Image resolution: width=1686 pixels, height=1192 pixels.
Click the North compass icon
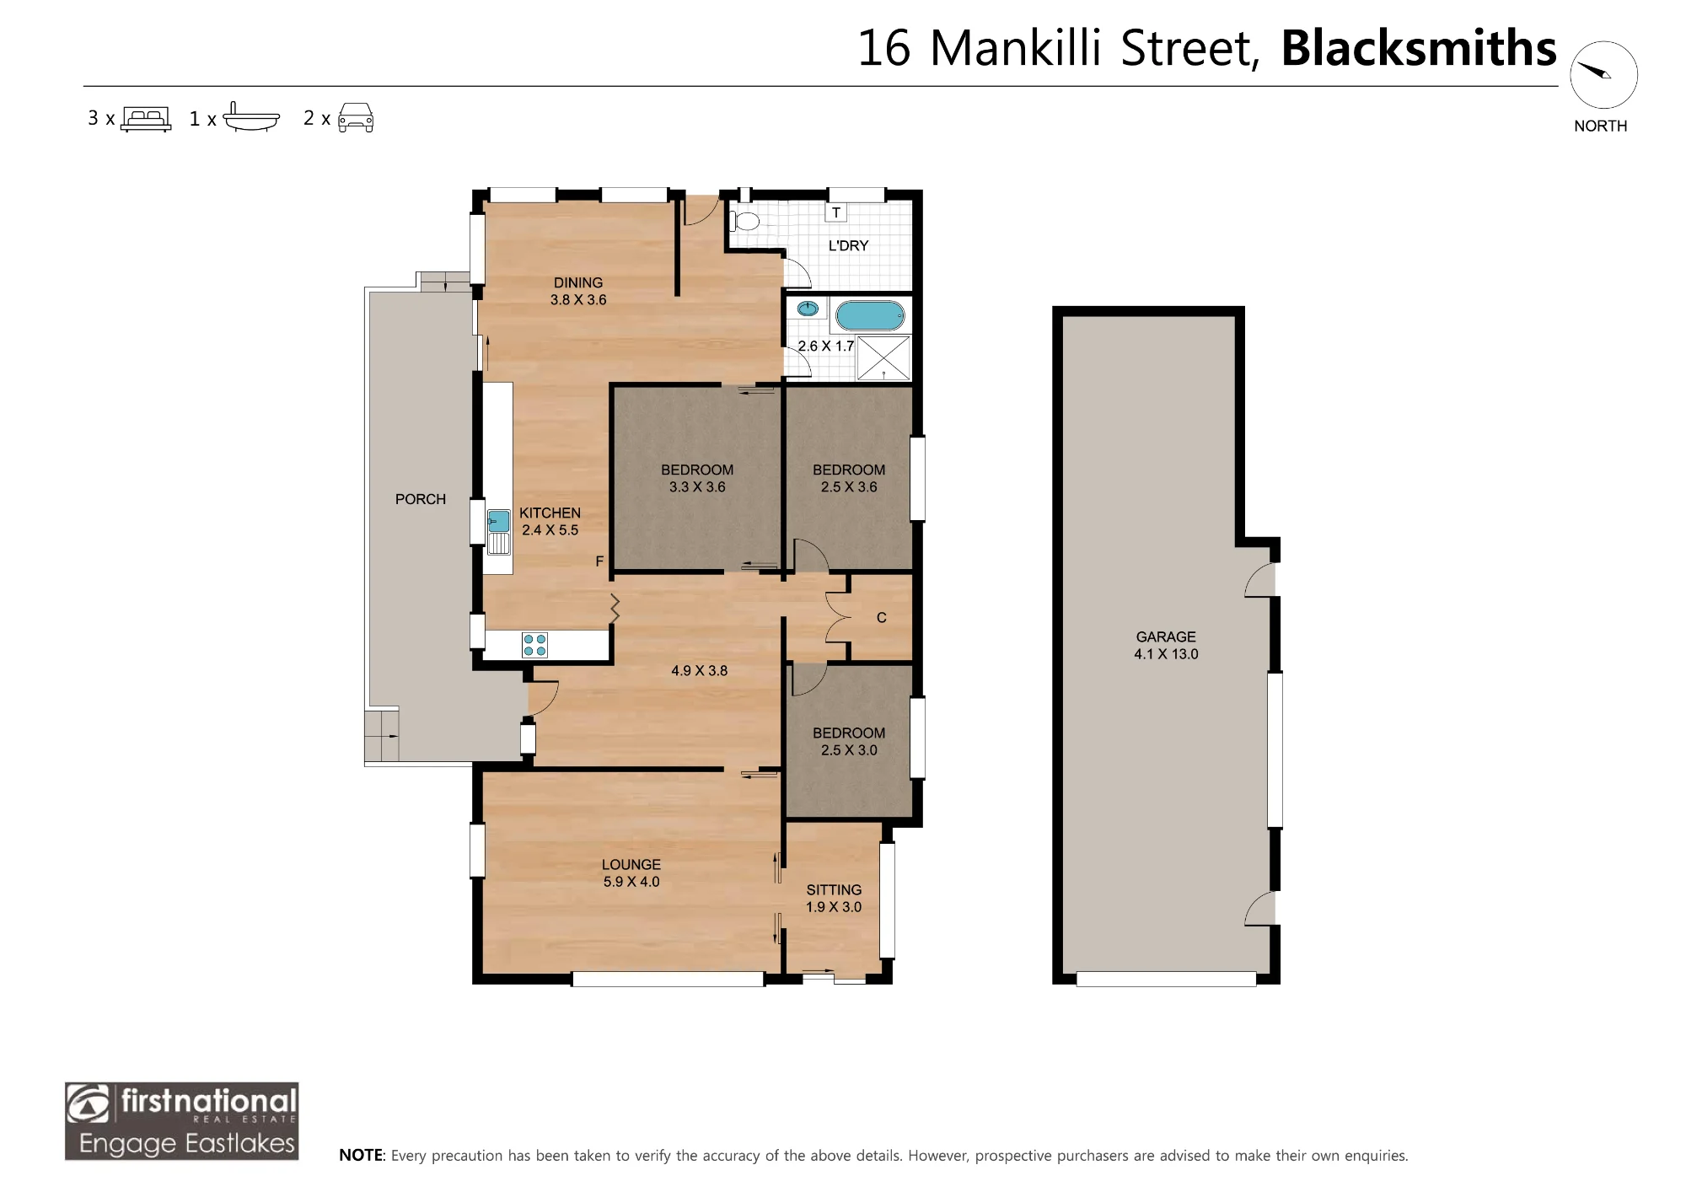(x=1603, y=74)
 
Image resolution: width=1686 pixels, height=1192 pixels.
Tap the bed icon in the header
(x=146, y=118)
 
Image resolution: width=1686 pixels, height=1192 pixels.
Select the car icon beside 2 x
(x=356, y=118)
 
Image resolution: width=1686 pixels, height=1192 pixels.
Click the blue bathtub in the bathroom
(x=870, y=316)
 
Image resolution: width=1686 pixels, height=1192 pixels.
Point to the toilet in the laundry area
(x=744, y=222)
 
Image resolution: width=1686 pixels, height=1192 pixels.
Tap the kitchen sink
(x=498, y=531)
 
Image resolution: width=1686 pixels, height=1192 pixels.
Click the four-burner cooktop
(x=534, y=645)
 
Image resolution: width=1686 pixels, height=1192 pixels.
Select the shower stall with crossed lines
(x=883, y=357)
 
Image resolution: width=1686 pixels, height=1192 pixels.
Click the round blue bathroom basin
(x=808, y=309)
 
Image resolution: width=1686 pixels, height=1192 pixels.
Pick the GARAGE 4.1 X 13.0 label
(x=1166, y=645)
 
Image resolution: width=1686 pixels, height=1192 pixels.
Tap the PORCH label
(x=421, y=499)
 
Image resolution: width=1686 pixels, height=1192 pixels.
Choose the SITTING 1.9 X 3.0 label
(x=834, y=898)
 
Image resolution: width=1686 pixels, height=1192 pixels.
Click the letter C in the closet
(x=882, y=618)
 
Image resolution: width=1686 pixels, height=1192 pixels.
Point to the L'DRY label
(x=848, y=245)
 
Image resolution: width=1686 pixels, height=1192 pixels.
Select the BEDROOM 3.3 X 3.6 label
(x=697, y=478)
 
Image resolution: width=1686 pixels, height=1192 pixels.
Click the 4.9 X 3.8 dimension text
(x=699, y=671)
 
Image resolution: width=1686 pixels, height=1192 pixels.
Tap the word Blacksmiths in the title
(x=1419, y=48)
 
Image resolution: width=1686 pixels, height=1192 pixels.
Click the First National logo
(x=182, y=1121)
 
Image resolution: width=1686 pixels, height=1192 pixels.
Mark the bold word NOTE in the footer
(x=361, y=1155)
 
